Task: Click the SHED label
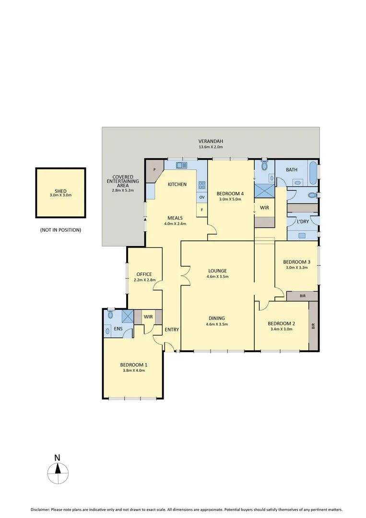60,190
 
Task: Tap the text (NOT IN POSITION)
60,230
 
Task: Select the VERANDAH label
211,141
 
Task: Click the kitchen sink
181,165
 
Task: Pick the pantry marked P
154,170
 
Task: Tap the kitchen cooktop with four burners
202,185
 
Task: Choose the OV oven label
202,197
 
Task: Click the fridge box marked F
202,210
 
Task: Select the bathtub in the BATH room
313,172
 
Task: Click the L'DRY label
303,222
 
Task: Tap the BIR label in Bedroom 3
302,296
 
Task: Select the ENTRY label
172,330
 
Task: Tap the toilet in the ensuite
110,315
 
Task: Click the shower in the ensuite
128,317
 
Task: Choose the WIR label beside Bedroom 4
263,208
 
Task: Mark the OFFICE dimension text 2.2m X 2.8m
144,281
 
